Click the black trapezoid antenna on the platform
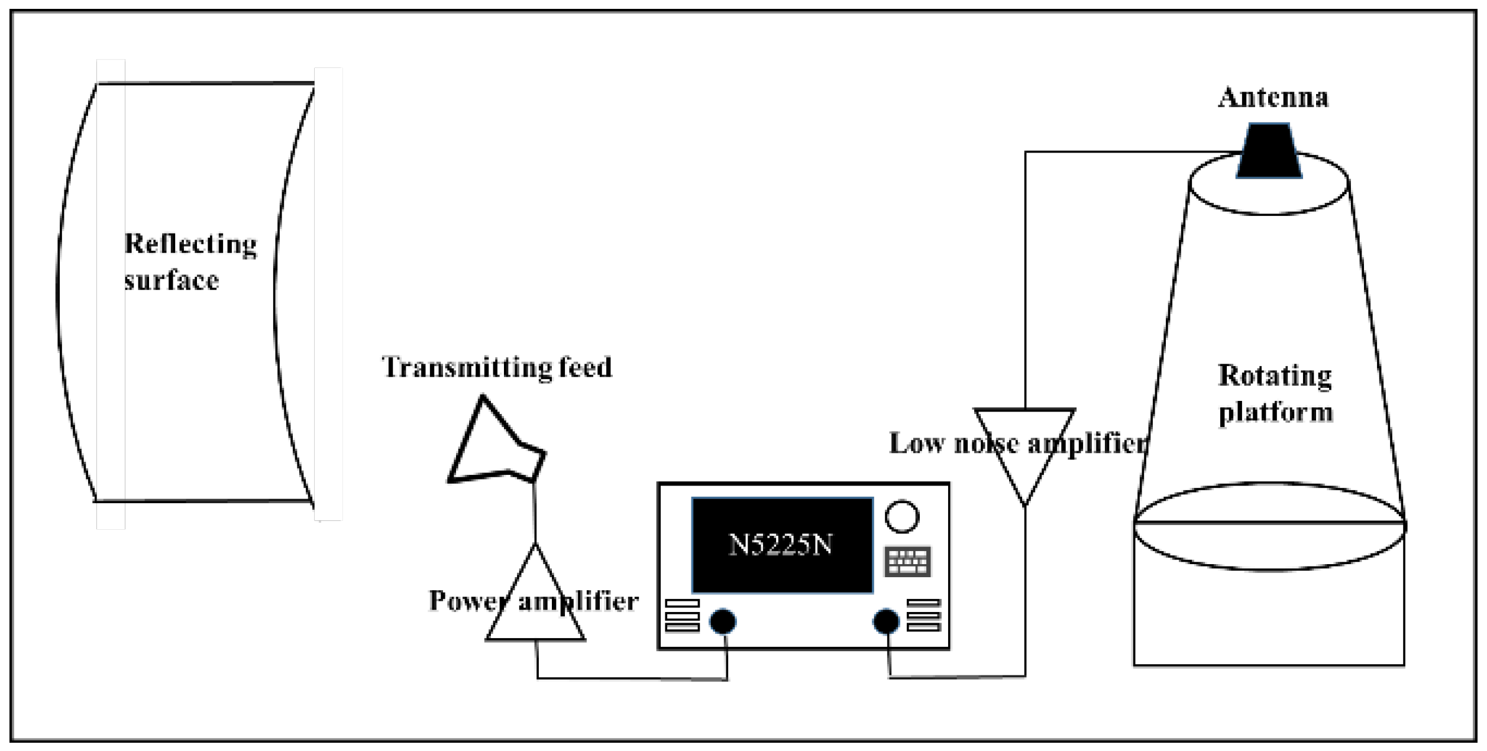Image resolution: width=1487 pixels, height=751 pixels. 1269,151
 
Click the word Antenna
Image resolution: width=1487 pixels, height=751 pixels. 1273,98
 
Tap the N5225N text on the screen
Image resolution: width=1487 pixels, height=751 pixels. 781,545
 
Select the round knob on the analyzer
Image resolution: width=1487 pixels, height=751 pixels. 901,517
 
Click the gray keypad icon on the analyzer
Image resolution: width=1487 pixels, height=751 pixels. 907,561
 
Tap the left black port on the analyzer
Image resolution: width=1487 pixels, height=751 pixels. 723,621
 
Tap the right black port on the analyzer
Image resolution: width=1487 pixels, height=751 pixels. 886,621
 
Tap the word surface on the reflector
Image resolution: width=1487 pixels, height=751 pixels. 172,281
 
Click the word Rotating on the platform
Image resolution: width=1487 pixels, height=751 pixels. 1275,376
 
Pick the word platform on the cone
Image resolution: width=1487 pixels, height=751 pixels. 1276,412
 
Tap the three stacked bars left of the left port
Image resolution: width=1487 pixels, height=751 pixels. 682,616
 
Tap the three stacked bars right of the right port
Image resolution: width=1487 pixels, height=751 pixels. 923,615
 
